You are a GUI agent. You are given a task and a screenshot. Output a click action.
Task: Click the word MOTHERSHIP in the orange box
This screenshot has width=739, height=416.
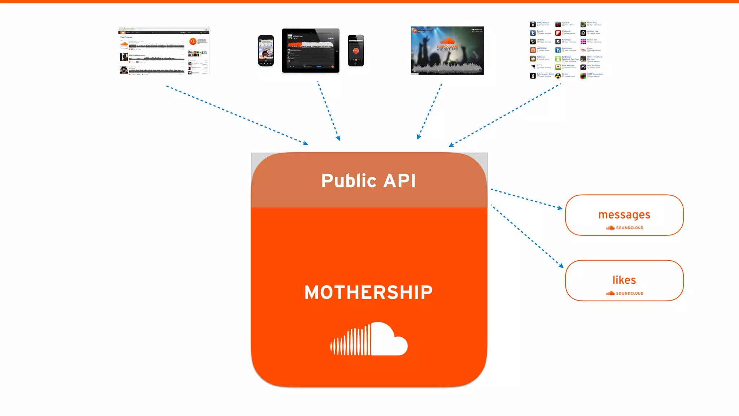[x=368, y=292]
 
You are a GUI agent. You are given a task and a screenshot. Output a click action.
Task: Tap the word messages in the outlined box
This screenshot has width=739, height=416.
[x=624, y=215]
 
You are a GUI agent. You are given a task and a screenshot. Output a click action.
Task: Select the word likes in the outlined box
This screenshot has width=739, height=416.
[x=624, y=280]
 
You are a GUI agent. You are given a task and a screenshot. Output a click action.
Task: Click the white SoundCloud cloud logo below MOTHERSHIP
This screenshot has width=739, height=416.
[x=369, y=339]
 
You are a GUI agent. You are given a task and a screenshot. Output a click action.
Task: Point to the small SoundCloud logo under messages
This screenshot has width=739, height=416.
[x=625, y=228]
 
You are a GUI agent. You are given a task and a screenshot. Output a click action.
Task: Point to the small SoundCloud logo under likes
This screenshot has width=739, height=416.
[x=625, y=293]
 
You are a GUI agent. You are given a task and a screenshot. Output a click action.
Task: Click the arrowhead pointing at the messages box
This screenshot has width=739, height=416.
[x=560, y=208]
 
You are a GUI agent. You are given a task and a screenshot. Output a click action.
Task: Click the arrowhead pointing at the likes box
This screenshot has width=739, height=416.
[x=561, y=266]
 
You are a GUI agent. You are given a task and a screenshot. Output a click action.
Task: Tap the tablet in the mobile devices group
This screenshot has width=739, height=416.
[x=311, y=51]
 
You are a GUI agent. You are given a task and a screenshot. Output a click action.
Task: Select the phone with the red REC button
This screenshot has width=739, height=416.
[x=356, y=51]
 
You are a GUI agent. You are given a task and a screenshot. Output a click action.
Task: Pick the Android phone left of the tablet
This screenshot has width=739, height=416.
[x=266, y=51]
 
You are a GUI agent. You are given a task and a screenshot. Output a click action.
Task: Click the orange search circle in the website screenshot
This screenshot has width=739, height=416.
[x=193, y=42]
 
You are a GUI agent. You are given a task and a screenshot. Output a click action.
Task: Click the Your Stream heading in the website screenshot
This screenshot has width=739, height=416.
[x=126, y=37]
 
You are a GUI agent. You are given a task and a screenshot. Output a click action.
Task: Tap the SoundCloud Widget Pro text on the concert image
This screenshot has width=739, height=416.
[x=447, y=48]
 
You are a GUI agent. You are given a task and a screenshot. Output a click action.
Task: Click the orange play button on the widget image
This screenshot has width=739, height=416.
[x=415, y=31]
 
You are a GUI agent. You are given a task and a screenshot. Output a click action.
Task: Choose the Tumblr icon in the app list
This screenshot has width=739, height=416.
[x=533, y=33]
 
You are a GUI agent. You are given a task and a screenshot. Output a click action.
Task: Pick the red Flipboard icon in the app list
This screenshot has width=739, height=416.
[x=558, y=33]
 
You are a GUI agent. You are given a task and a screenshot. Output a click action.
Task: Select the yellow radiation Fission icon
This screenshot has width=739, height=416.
[x=558, y=76]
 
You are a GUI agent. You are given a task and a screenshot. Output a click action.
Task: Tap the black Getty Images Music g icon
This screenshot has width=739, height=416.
[x=533, y=76]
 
